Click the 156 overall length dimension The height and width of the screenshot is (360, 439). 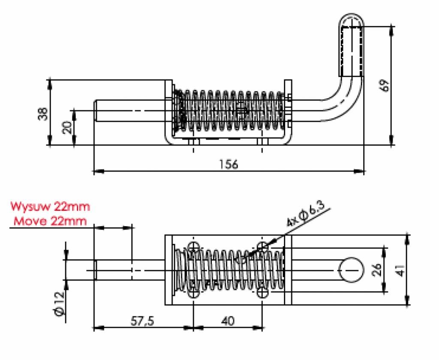228,164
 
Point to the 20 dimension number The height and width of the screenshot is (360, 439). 67,127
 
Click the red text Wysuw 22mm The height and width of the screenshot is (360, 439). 50,206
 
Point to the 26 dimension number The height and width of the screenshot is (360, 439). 376,270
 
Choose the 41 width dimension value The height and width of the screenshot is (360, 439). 400,270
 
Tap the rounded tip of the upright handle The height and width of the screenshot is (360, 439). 352,19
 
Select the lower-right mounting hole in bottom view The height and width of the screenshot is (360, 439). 262,294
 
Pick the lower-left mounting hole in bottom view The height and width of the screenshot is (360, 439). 194,294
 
